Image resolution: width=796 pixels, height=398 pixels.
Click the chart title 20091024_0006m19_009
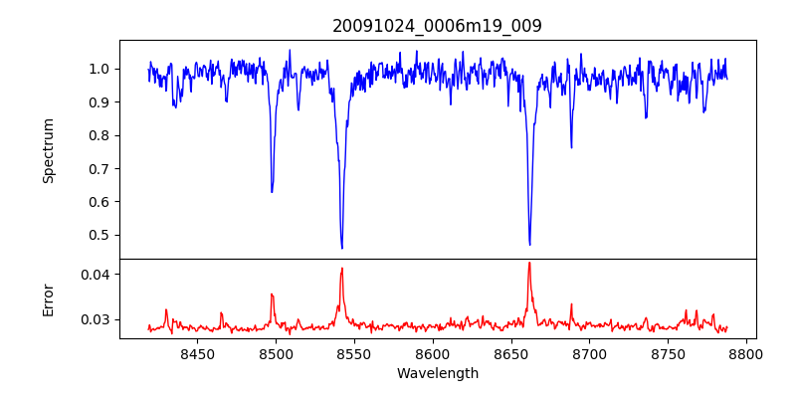[437, 26]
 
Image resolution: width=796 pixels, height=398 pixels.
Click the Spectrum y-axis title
[49, 150]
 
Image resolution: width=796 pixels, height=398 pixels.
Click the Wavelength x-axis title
[437, 373]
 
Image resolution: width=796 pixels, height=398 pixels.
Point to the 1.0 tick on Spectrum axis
[99, 69]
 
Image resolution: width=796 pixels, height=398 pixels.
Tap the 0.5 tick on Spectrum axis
[99, 235]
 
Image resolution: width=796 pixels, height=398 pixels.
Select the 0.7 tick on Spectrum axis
[99, 168]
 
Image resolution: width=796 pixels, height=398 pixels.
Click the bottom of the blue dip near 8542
[342, 248]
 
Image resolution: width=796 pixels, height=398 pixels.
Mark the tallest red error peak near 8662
[529, 263]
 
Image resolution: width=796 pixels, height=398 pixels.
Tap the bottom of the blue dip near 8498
[272, 192]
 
